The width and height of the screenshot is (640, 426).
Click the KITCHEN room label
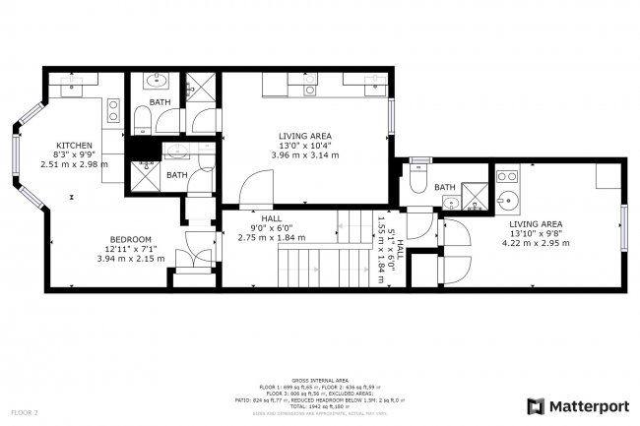pyautogui.click(x=73, y=145)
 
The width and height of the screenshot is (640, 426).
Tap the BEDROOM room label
pyautogui.click(x=130, y=239)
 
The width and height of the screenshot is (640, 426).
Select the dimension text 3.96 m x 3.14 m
pyautogui.click(x=304, y=155)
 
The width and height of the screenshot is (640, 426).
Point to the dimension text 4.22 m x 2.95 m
pyautogui.click(x=536, y=242)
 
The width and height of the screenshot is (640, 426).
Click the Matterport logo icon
pyautogui.click(x=536, y=404)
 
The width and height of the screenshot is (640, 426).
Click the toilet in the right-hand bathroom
pyautogui.click(x=417, y=180)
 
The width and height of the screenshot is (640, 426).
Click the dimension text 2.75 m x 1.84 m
pyautogui.click(x=270, y=238)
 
